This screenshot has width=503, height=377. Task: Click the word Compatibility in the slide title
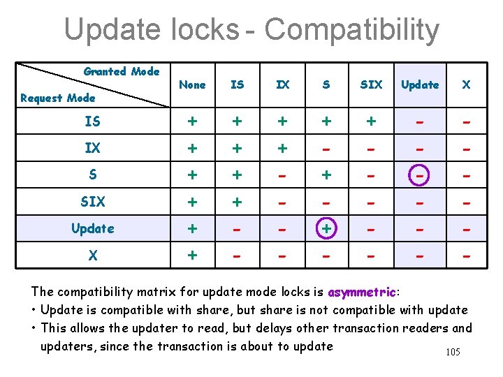(351, 30)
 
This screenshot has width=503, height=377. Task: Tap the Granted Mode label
(122, 71)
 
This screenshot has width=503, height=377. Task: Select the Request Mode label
(57, 98)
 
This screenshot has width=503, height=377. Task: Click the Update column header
(420, 84)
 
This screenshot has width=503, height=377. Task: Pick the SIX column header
(371, 84)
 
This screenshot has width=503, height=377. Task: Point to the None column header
(192, 84)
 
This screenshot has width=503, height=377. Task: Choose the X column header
(466, 84)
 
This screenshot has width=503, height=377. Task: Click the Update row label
(92, 228)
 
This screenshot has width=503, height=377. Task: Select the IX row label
(92, 149)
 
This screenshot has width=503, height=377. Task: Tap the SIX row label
(92, 202)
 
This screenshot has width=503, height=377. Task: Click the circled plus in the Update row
(326, 228)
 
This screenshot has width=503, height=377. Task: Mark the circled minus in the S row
(420, 175)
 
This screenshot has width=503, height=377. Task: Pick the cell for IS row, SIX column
(371, 121)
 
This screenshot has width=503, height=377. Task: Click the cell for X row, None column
(192, 256)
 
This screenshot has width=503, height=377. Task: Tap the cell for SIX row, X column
(466, 202)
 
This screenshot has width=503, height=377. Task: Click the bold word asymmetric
(361, 291)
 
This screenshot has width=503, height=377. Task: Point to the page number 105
(453, 352)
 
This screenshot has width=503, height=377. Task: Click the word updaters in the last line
(66, 346)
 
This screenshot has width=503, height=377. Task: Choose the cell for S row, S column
(326, 175)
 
